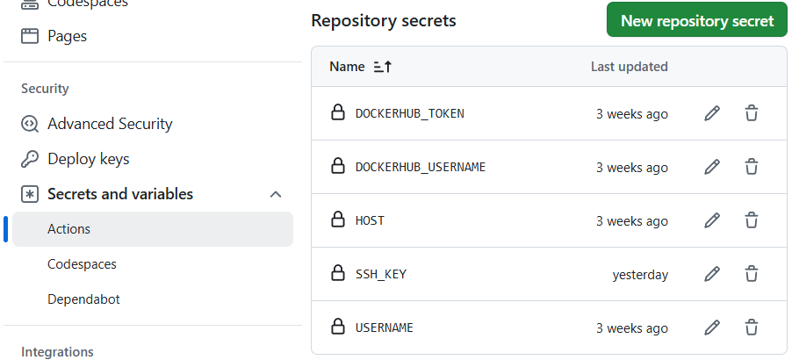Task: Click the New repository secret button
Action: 696,20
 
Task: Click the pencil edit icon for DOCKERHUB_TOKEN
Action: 712,113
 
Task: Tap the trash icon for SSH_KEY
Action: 752,274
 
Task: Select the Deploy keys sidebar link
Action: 88,159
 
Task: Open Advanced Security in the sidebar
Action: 110,124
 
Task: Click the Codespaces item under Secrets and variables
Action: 82,263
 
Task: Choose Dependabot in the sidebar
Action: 83,299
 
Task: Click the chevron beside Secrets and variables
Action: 276,194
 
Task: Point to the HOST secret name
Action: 370,220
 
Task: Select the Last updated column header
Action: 629,67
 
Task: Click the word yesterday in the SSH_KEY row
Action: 640,275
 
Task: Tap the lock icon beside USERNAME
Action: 337,328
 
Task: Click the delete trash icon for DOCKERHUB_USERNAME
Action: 752,167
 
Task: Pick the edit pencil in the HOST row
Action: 712,220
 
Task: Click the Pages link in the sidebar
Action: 67,36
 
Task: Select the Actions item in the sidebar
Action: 68,228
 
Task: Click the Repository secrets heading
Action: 384,20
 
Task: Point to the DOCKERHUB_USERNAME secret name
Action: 420,167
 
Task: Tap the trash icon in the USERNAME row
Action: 752,328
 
